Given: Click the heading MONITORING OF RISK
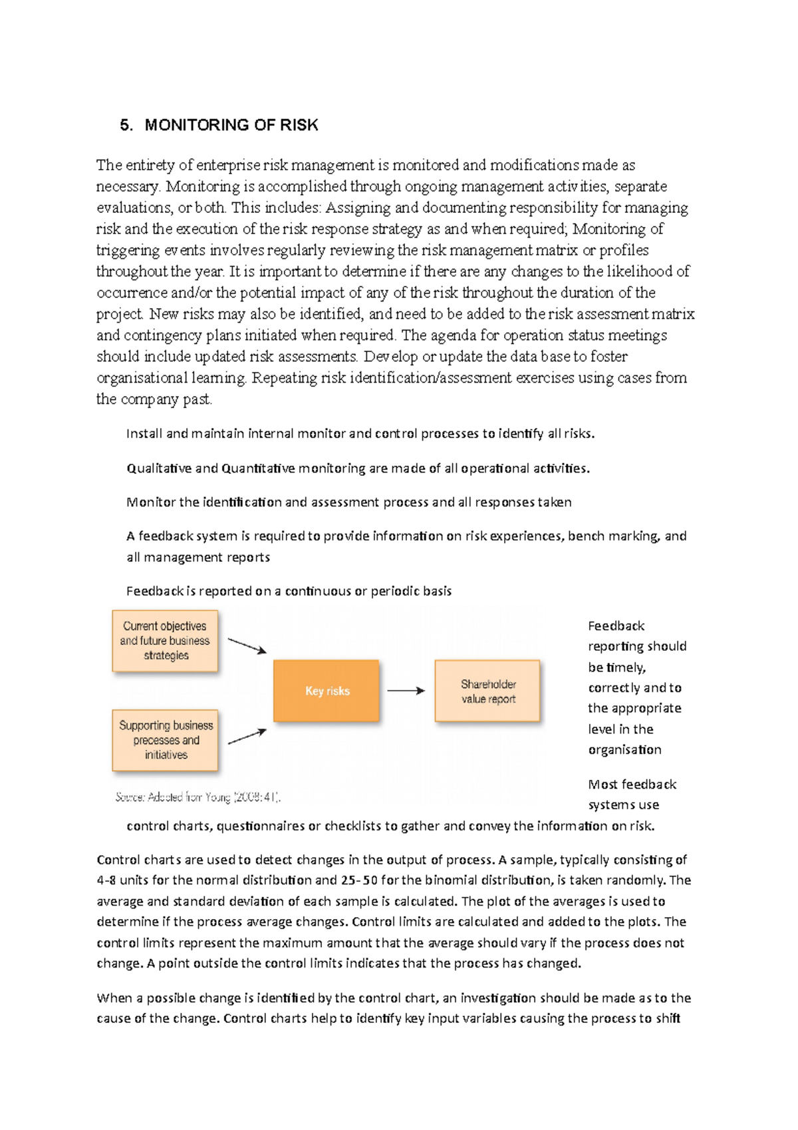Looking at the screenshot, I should tap(231, 125).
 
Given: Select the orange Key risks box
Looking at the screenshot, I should tap(327, 691).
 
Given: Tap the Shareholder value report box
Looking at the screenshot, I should tap(487, 691).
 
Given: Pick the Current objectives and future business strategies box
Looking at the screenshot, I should tap(165, 640).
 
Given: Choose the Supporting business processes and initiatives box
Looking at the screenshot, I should tap(165, 739).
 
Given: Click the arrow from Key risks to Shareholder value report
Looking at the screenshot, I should tap(406, 691).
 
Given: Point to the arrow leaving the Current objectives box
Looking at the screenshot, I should tap(247, 646).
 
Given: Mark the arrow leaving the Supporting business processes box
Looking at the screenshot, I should tap(247, 736).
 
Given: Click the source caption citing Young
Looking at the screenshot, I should tap(198, 797).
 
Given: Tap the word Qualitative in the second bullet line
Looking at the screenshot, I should tap(158, 469).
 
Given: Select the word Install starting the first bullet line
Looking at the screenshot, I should tap(144, 434).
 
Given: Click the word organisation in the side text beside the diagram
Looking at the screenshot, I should tap(624, 750).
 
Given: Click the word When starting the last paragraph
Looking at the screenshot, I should tap(114, 998).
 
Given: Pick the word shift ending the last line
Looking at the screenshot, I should tap(668, 1019).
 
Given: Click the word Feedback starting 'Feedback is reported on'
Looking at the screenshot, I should tap(155, 591).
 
